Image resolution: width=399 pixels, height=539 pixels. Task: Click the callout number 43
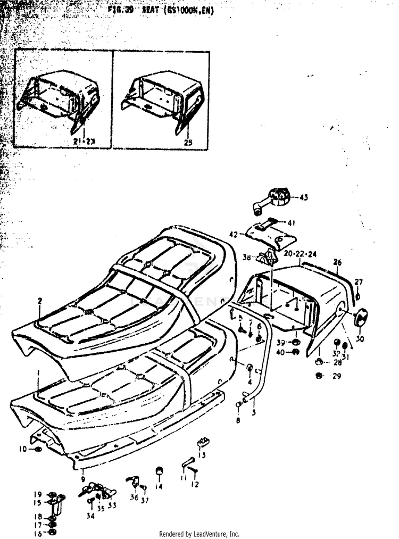coord(304,198)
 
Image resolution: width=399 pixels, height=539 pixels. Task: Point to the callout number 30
coord(360,339)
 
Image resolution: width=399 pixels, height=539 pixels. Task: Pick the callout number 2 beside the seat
coord(39,301)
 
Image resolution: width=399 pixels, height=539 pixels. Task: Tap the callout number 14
coord(159,486)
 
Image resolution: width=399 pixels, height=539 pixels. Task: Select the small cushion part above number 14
coord(158,470)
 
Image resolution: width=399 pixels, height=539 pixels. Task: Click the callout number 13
coord(202,455)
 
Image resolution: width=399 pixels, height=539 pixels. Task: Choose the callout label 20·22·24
coord(300,254)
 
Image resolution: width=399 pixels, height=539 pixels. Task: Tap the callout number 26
coord(337,262)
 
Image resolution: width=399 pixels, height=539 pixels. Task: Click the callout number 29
coord(337,376)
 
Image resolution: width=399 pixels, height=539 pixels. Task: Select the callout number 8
coord(238,420)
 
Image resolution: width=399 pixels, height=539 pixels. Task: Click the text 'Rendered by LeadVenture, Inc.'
coord(199,534)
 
